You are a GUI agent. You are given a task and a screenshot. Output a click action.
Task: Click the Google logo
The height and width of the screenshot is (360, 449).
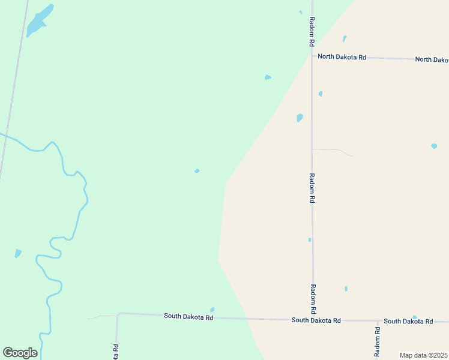click(x=20, y=353)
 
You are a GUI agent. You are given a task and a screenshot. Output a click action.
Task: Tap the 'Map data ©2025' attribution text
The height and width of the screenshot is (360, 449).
click(x=423, y=355)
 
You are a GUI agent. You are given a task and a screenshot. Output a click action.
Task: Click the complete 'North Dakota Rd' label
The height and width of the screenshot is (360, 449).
click(x=342, y=57)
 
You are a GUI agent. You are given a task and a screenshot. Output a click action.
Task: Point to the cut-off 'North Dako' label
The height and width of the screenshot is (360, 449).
click(x=432, y=59)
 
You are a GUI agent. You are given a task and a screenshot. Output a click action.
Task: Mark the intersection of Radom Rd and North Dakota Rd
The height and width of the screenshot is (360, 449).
click(x=312, y=56)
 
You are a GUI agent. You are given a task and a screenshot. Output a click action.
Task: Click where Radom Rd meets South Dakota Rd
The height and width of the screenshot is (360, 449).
click(x=313, y=320)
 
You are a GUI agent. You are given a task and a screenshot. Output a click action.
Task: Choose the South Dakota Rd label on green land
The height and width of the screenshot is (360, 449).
click(x=188, y=316)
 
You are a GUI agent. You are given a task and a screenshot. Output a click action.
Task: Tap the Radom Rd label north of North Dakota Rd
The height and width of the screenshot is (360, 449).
click(x=312, y=32)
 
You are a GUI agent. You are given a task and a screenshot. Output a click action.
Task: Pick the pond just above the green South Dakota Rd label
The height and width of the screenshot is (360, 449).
click(x=212, y=310)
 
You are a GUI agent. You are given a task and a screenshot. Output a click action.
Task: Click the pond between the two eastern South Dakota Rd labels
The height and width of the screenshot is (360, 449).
click(x=414, y=317)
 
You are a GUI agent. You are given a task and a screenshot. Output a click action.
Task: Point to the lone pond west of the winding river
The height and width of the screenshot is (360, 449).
click(x=18, y=253)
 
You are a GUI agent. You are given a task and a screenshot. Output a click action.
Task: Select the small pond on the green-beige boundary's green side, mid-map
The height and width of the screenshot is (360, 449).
click(x=197, y=171)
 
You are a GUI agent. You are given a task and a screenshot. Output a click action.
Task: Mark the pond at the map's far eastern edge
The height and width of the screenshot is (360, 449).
click(x=434, y=146)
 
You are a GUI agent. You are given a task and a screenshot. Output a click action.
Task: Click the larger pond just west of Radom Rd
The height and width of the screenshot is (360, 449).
click(x=300, y=118)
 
